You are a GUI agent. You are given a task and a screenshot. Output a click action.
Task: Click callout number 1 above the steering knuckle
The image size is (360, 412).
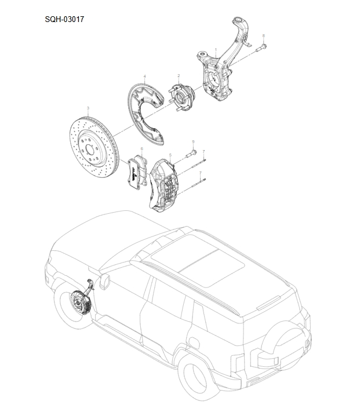coord(216,50)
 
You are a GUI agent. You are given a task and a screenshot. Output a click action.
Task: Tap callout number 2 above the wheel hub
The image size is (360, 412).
coord(179,76)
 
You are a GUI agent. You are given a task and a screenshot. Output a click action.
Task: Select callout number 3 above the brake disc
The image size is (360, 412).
coord(88,108)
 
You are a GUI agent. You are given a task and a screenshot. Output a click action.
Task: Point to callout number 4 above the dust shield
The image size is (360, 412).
coord(144,76)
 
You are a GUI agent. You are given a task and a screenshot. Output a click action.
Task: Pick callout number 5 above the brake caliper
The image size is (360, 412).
coord(170,155)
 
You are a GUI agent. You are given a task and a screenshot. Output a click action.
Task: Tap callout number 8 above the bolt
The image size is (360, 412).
coord(263,36)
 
